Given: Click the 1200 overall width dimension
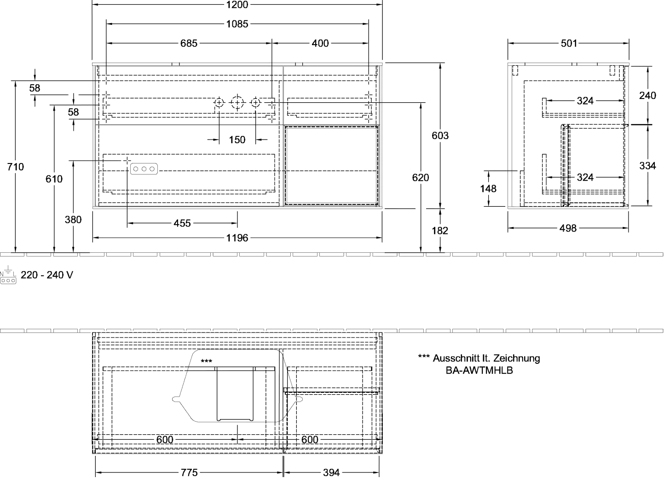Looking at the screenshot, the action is tap(237, 5).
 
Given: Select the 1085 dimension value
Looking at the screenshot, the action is tap(237, 24).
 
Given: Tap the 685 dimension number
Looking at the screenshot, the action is tap(189, 43).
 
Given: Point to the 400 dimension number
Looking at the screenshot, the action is tap(320, 43).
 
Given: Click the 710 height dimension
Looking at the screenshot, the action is tap(15, 167).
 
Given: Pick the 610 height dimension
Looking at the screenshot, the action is tap(54, 179).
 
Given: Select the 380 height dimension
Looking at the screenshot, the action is tap(73, 220).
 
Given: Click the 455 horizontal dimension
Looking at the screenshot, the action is tap(182, 223).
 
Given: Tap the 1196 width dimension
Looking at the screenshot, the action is tap(237, 238).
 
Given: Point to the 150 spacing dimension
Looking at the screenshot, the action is tap(237, 140).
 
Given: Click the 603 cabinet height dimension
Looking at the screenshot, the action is tap(440, 135).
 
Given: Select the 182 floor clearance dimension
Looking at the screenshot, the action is tap(440, 231).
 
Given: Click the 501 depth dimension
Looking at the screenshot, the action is tap(569, 43).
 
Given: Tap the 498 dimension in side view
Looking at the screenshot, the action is tap(568, 228).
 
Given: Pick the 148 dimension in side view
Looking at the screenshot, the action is tap(488, 188).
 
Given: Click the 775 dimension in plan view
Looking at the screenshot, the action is tap(189, 472).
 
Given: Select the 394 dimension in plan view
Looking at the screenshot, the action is tap(331, 472).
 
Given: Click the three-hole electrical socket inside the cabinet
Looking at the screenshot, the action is tap(144, 169).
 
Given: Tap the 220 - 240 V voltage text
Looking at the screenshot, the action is tap(47, 275).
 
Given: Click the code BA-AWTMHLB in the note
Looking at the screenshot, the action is tap(479, 370).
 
